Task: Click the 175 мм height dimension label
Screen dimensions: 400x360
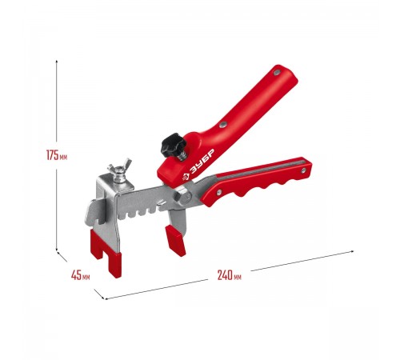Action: point(57,155)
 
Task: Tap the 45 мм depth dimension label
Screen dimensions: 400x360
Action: point(80,275)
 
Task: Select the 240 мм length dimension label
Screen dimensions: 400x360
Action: point(230,275)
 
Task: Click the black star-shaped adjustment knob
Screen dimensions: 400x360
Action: point(173,145)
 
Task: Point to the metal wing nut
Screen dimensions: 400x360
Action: point(119,170)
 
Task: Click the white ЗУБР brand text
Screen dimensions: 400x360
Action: point(199,165)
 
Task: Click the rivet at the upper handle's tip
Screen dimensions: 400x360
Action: point(277,72)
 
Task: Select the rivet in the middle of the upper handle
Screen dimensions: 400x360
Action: point(222,124)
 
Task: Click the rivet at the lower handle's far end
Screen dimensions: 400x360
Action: point(303,170)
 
